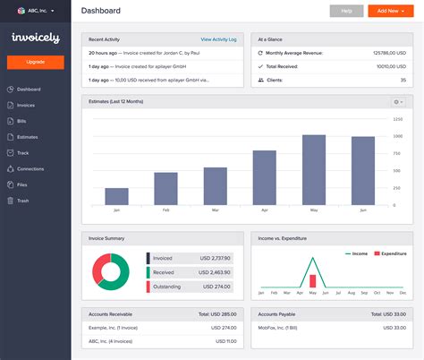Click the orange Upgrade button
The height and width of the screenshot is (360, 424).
pyautogui.click(x=35, y=63)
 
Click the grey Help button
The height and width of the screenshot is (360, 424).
pyautogui.click(x=346, y=11)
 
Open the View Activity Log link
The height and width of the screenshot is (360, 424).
pyautogui.click(x=219, y=40)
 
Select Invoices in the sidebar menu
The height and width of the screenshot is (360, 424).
pyautogui.click(x=26, y=105)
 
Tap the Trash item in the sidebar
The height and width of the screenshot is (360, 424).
pyautogui.click(x=22, y=201)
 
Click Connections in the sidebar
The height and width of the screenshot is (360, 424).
pyautogui.click(x=30, y=168)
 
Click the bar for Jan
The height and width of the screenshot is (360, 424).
pyautogui.click(x=116, y=196)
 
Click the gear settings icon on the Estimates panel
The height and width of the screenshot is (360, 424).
pyautogui.click(x=399, y=101)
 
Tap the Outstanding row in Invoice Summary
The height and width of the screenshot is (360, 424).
pyautogui.click(x=191, y=287)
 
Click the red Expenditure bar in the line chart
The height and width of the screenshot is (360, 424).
pyautogui.click(x=313, y=281)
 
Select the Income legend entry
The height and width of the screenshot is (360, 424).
pyautogui.click(x=358, y=254)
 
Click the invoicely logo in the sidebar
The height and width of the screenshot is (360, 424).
pyautogui.click(x=35, y=38)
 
